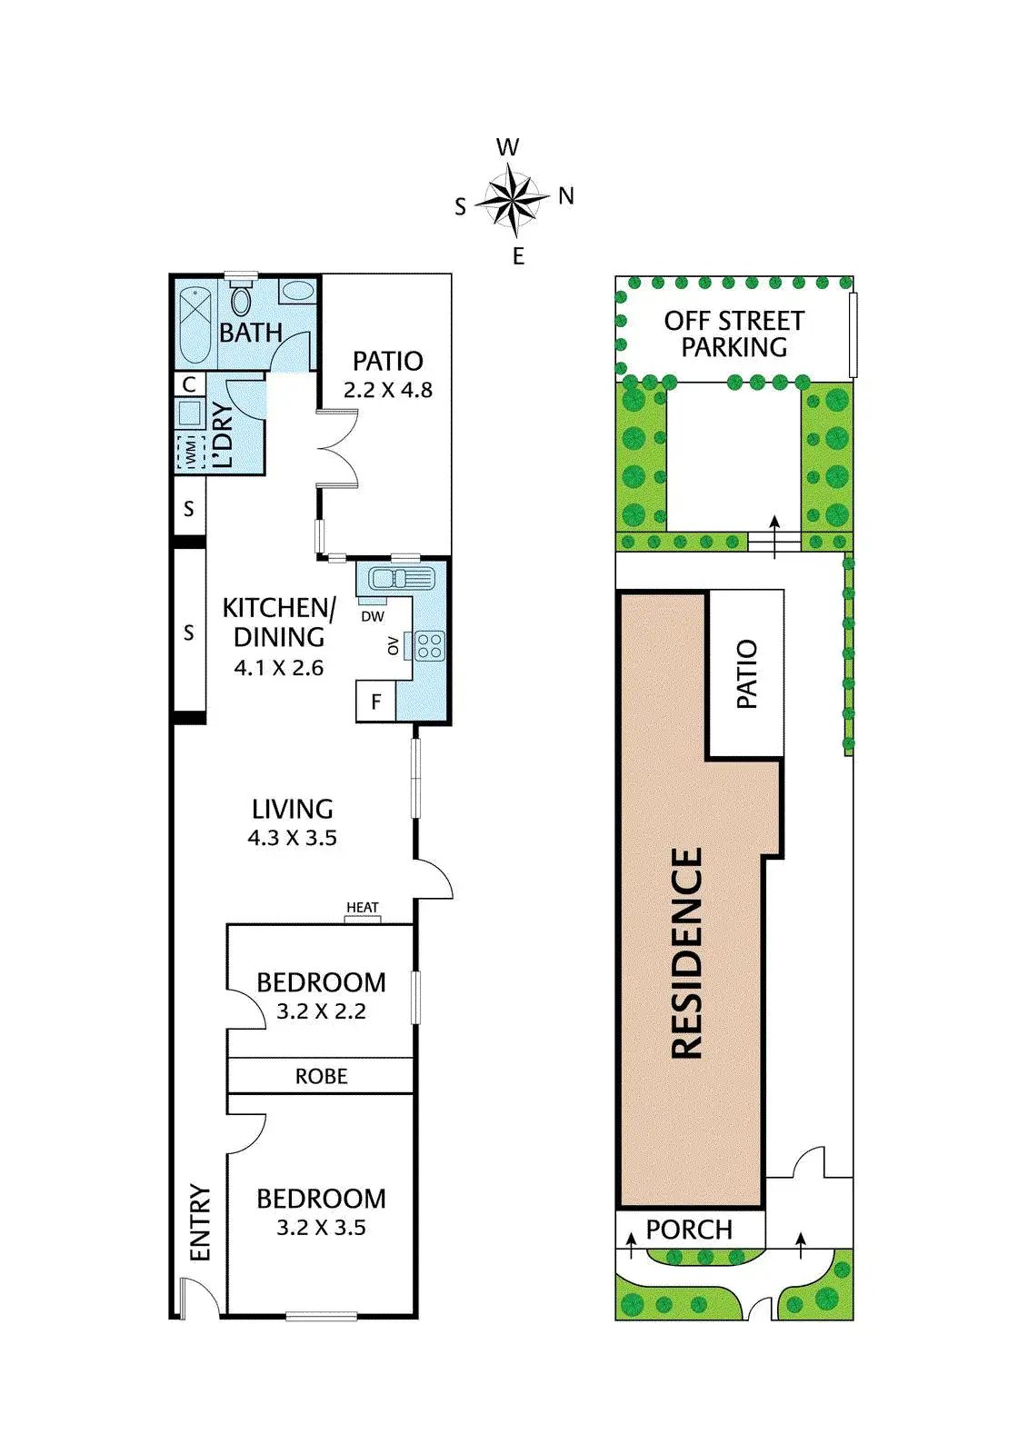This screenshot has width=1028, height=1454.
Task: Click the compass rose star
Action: point(513,197)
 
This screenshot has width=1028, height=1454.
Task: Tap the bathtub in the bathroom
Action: point(194,324)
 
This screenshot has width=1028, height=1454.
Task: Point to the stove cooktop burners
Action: point(429,646)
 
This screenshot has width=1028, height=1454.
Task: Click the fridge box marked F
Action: point(375,702)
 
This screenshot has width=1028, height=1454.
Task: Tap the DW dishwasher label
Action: point(373,616)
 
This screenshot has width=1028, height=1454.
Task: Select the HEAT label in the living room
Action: point(362,908)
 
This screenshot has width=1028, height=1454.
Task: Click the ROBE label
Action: point(321,1076)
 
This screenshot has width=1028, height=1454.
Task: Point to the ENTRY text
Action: point(200,1222)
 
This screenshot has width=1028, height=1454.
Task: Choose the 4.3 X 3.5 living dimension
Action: point(292,838)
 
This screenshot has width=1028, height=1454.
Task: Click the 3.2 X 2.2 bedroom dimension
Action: point(321,1011)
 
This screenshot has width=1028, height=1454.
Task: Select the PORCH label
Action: point(689,1230)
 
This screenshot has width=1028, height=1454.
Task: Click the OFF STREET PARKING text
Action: point(734,334)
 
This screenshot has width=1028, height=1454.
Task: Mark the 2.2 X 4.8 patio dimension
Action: point(387,390)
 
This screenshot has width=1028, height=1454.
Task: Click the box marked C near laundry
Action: point(189,384)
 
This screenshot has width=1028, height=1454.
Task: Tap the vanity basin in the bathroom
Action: point(297,292)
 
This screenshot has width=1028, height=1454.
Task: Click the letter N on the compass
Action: point(566,195)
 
